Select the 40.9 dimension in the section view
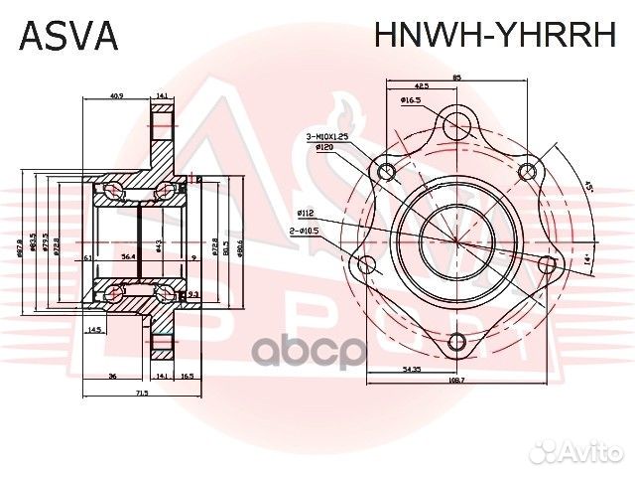tap(115, 95)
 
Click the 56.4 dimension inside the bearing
tap(129, 255)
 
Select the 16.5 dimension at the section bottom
tap(187, 377)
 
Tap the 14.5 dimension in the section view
tap(95, 329)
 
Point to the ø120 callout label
tap(322, 147)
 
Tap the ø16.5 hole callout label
tap(413, 100)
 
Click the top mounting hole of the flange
tap(456, 124)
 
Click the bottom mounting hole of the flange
tap(456, 344)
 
